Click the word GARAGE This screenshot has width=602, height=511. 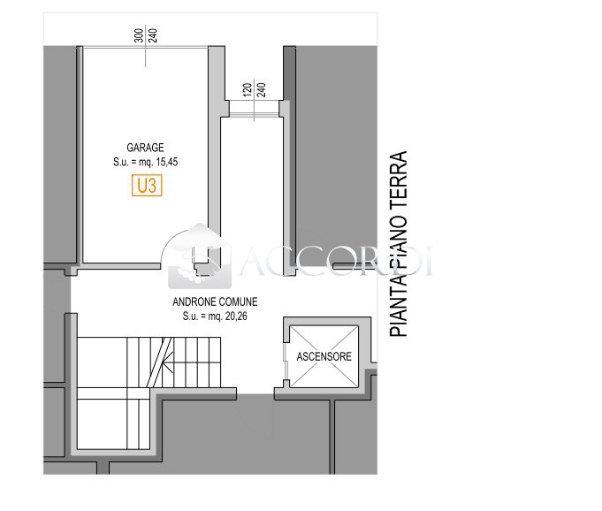[145, 148]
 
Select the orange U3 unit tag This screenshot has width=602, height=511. [147, 186]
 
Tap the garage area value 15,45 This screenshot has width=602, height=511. [166, 162]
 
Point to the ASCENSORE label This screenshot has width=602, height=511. [324, 356]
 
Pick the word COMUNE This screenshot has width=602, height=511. [237, 301]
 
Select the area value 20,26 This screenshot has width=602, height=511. [236, 317]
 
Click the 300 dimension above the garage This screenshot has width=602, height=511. [140, 35]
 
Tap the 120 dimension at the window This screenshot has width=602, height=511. [248, 90]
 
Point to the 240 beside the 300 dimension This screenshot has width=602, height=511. [152, 35]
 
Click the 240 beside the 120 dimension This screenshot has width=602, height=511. [261, 90]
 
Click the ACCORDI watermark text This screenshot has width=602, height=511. [337, 261]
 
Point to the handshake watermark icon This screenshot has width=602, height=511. [200, 256]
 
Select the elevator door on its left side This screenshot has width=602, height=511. [286, 361]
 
